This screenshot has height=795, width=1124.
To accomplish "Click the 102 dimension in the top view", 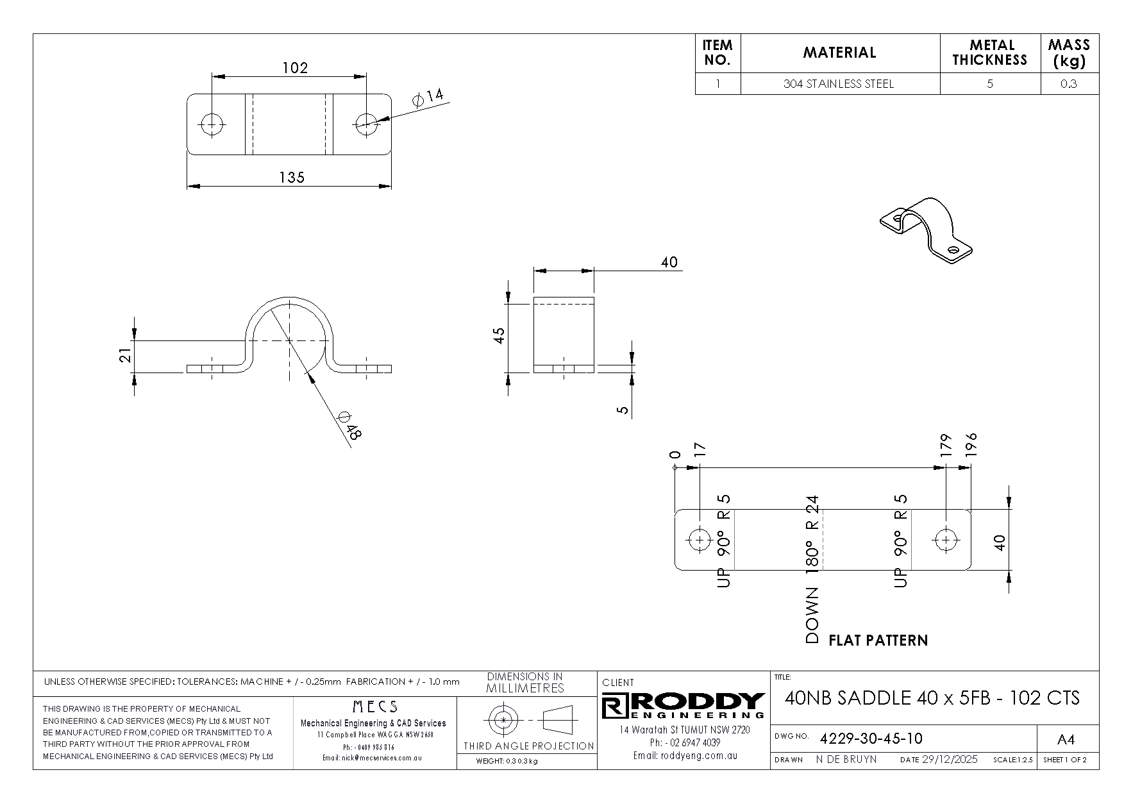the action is [x=295, y=68].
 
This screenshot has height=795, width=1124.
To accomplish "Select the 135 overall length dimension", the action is [x=292, y=178].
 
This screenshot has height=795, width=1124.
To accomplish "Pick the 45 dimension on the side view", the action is [x=499, y=335].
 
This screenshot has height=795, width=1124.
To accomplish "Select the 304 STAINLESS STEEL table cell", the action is [x=839, y=84].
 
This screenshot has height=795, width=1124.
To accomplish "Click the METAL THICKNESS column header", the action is [x=990, y=53].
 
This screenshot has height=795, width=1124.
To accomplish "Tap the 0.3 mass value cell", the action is [x=1069, y=84].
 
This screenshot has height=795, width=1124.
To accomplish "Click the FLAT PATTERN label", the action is [x=878, y=640].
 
